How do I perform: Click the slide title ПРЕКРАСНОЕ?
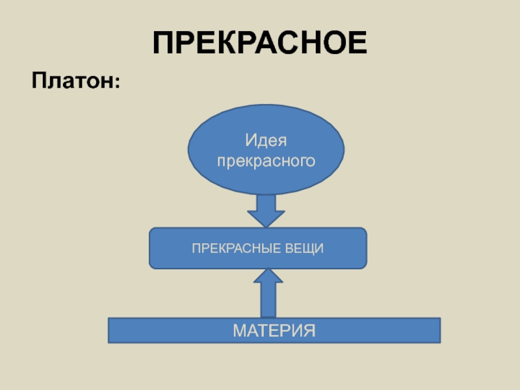tap(260, 43)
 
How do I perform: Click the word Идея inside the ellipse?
tap(266, 140)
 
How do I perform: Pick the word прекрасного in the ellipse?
tap(266, 159)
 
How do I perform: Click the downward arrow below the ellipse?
tap(266, 209)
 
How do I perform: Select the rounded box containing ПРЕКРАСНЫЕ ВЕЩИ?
tap(258, 248)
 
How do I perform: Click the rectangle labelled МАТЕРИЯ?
tap(274, 330)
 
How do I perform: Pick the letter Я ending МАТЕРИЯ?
tap(308, 330)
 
